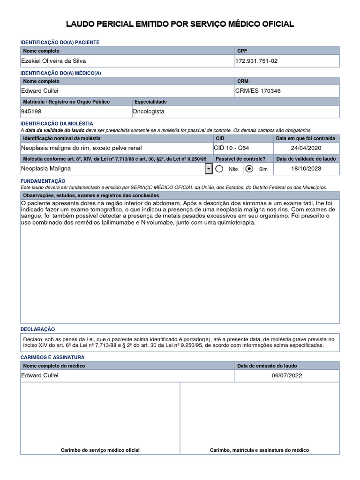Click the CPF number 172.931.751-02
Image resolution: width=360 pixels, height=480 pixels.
tap(260, 61)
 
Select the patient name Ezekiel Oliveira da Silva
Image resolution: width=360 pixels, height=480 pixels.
tap(53, 61)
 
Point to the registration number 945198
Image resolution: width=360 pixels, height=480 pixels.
tap(31, 112)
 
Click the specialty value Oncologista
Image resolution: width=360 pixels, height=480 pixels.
tap(149, 112)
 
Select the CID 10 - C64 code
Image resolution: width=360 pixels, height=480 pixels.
tap(232, 148)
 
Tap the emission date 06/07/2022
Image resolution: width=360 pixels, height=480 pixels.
tap(287, 375)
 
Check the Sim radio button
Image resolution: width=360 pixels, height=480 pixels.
tap(249, 169)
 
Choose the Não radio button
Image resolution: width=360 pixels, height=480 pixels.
tap(219, 169)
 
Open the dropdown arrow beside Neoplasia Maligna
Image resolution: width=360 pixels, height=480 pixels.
tap(209, 169)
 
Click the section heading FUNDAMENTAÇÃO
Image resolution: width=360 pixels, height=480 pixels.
tap(43, 181)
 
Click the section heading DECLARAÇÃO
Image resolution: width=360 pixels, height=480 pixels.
tap(38, 330)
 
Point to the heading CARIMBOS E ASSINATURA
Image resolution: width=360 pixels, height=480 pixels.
tap(52, 357)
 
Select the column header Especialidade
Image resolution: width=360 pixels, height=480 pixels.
tap(150, 102)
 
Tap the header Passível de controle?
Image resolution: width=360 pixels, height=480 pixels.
tap(240, 159)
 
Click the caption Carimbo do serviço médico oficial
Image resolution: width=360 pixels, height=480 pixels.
tap(100, 450)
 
